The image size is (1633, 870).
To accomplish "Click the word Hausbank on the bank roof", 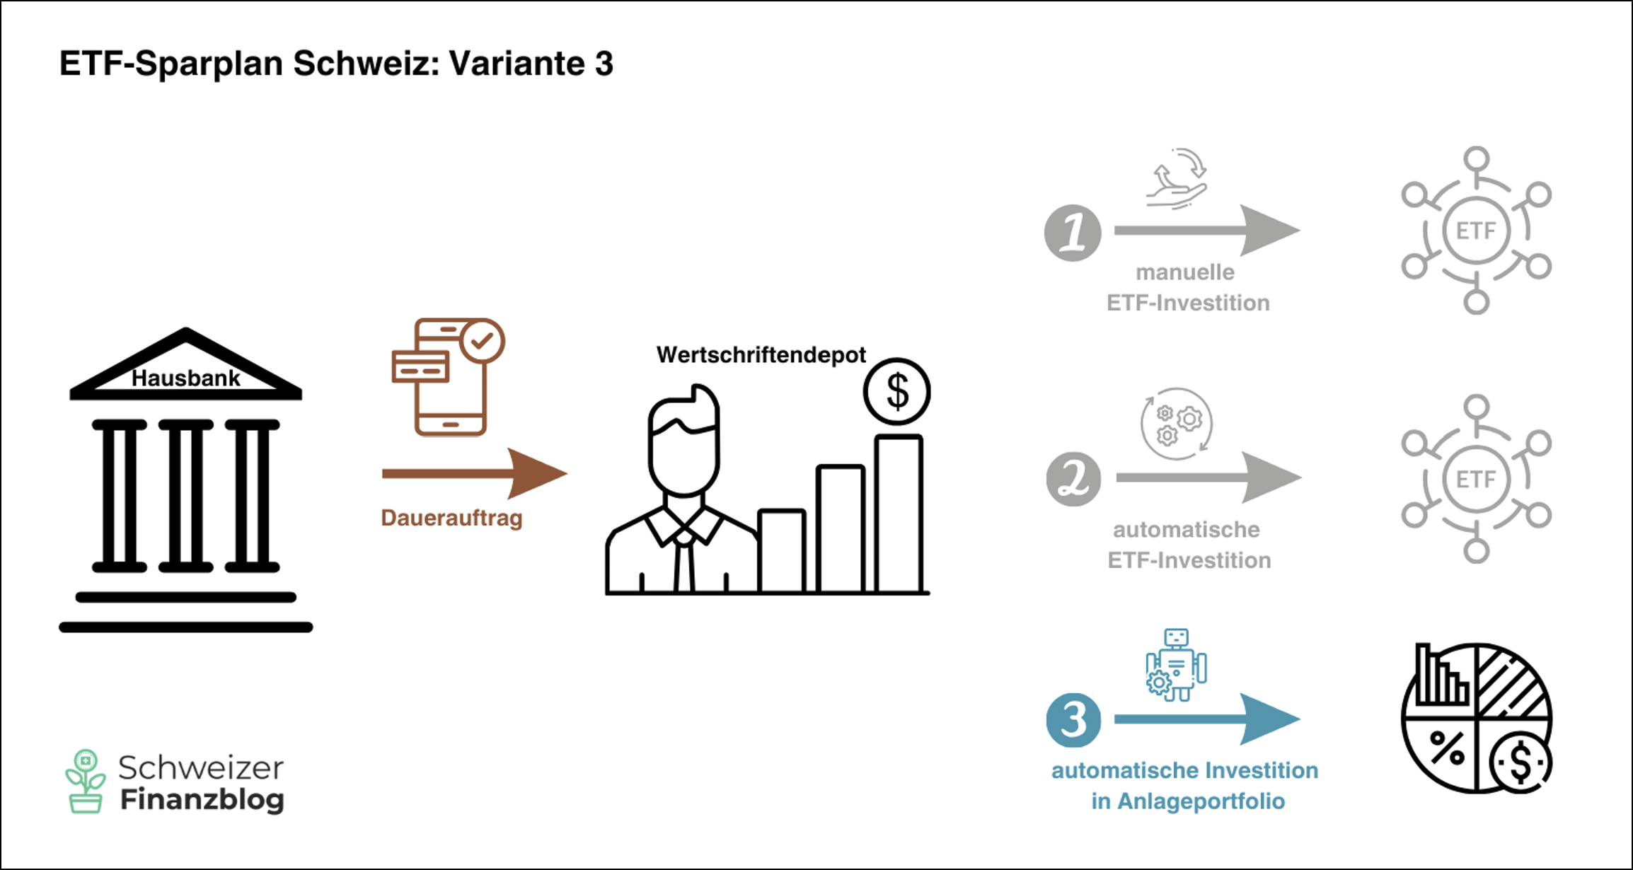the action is click(x=186, y=378).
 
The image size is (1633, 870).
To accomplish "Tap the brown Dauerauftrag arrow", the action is click(x=474, y=473).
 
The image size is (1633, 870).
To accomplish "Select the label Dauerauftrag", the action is click(x=451, y=518).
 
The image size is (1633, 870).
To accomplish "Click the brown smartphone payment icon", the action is click(x=449, y=377).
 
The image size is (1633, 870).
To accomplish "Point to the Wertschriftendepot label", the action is click(x=761, y=354).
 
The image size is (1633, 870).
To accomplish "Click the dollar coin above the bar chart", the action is click(x=897, y=391).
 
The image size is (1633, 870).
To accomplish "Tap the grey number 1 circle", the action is click(x=1073, y=233).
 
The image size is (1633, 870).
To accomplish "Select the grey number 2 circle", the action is click(x=1073, y=479).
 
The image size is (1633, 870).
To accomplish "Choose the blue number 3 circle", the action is click(x=1073, y=720).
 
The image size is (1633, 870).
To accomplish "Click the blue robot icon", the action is click(x=1176, y=665).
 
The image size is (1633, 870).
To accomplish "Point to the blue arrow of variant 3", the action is click(x=1207, y=719).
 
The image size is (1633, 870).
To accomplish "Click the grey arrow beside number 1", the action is click(x=1207, y=231).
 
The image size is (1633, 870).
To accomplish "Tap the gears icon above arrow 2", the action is click(x=1176, y=423).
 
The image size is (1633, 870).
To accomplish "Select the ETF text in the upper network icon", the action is click(x=1476, y=231).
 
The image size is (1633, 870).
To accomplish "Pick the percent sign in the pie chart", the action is click(x=1447, y=748).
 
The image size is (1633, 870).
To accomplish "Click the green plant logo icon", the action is click(x=86, y=781).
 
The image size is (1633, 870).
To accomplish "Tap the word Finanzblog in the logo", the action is click(x=202, y=800).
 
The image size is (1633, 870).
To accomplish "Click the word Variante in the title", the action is click(x=517, y=64).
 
